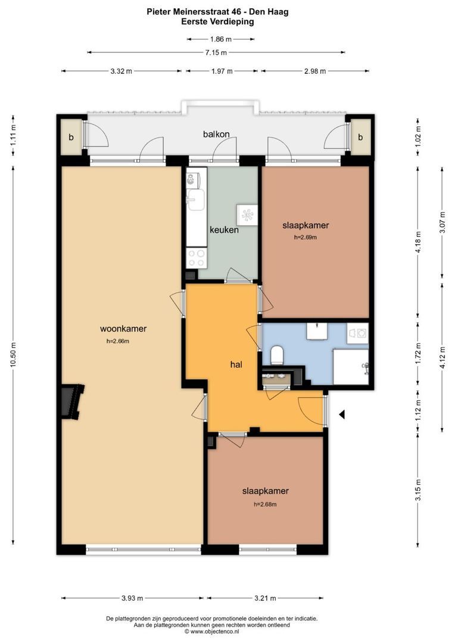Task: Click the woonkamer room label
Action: click(x=123, y=329)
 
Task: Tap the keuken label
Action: click(x=224, y=230)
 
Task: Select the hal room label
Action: click(x=236, y=364)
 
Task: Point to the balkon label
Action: click(x=216, y=134)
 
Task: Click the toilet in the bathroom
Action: click(x=278, y=355)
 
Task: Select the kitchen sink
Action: click(x=196, y=199)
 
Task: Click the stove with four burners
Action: click(x=196, y=258)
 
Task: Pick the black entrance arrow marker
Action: click(x=342, y=414)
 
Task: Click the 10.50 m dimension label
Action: click(x=13, y=355)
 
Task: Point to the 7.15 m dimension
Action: click(x=216, y=52)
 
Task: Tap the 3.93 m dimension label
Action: click(x=132, y=598)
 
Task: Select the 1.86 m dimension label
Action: click(x=221, y=39)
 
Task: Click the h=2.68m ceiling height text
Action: click(x=265, y=504)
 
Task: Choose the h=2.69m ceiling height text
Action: click(x=306, y=237)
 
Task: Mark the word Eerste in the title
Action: click(x=195, y=22)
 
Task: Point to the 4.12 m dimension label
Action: click(x=442, y=358)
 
